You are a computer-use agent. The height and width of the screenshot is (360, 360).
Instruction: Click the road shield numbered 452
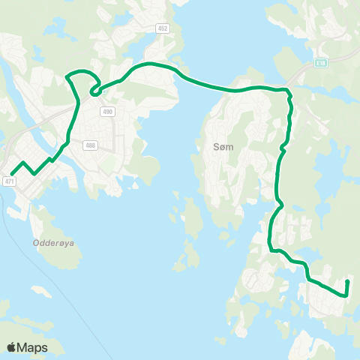pyautogui.click(x=163, y=28)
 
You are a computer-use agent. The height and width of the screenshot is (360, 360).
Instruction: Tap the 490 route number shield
pyautogui.click(x=108, y=112)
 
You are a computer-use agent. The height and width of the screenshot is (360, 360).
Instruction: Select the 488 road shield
pyautogui.click(x=91, y=145)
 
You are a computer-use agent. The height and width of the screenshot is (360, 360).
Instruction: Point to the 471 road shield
pyautogui.click(x=9, y=181)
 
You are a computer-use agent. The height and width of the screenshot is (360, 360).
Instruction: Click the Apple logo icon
pyautogui.click(x=11, y=347)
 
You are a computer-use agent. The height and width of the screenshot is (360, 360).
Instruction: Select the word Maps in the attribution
pyautogui.click(x=32, y=347)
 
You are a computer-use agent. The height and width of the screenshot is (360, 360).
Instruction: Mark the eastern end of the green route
pyautogui.click(x=348, y=281)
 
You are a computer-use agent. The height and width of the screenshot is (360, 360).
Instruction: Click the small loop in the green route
pyautogui.click(x=95, y=91)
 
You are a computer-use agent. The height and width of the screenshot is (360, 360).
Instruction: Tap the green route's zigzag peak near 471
pyautogui.click(x=24, y=163)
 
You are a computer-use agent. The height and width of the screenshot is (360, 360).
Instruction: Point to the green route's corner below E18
pyautogui.click(x=288, y=91)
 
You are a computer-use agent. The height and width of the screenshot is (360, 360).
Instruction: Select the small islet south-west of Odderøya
pyautogui.click(x=41, y=289)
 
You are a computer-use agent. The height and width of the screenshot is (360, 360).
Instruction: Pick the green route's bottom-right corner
pyautogui.click(x=343, y=295)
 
